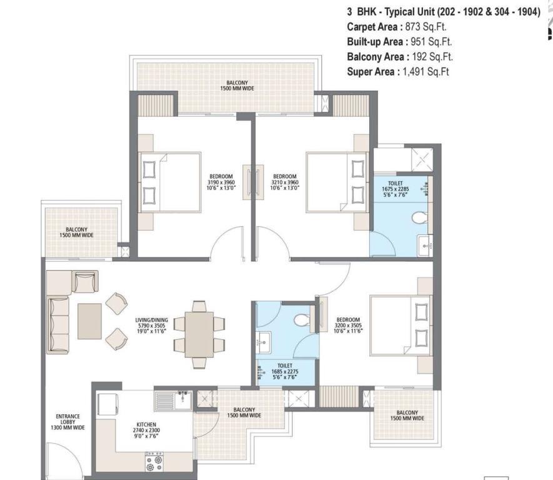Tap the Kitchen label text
[x=146, y=424]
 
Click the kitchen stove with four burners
[x=154, y=462]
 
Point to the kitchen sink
[x=174, y=401]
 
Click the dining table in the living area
[x=199, y=334]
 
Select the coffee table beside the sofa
[x=89, y=321]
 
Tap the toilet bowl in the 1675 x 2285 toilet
[x=419, y=217]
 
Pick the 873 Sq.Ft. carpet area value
[x=426, y=27]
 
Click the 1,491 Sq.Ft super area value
[x=426, y=72]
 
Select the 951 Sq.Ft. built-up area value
[x=431, y=42]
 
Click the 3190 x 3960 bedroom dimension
[x=221, y=182]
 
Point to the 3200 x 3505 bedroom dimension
[x=348, y=326]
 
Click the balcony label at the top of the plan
[x=237, y=86]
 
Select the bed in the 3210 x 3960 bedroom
[x=337, y=182]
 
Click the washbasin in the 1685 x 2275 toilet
[x=263, y=342]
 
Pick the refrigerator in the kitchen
[x=108, y=404]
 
